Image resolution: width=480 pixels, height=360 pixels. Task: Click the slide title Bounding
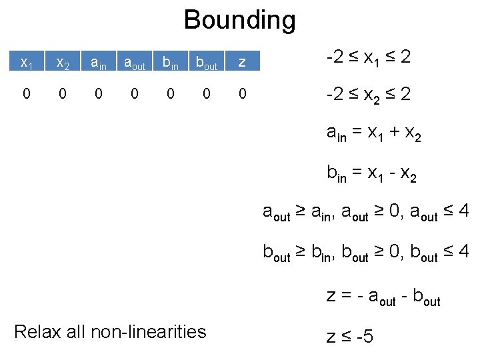239,20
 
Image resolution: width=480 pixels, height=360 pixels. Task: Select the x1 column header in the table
27,63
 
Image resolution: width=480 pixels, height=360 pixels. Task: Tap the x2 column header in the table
63,63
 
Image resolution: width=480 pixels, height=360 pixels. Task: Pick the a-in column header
99,63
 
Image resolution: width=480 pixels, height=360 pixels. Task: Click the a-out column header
135,63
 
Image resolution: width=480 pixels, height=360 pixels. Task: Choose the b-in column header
171,63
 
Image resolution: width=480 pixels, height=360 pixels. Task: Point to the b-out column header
207,63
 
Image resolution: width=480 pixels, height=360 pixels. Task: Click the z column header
242,63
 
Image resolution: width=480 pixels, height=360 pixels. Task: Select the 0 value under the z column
242,94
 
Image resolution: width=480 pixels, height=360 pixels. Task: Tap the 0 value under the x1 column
26,94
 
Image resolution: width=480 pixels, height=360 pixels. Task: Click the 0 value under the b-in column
171,94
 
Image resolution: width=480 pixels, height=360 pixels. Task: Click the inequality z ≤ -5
349,336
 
